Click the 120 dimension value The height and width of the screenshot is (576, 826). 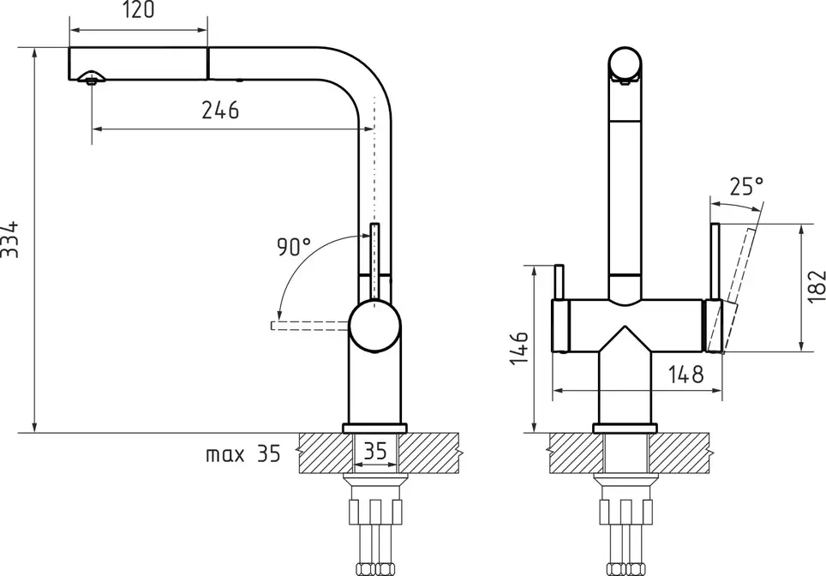[139, 10]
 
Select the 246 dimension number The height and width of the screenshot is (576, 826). [220, 110]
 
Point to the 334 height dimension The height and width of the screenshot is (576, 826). [9, 239]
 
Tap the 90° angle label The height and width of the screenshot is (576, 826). [293, 247]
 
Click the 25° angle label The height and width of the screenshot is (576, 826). [746, 186]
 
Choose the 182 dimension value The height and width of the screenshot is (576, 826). [816, 286]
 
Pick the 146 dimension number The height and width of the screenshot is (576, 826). [519, 348]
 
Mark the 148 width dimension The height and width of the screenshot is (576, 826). [685, 375]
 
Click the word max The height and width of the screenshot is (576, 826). [225, 454]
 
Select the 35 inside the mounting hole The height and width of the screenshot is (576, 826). [375, 451]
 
